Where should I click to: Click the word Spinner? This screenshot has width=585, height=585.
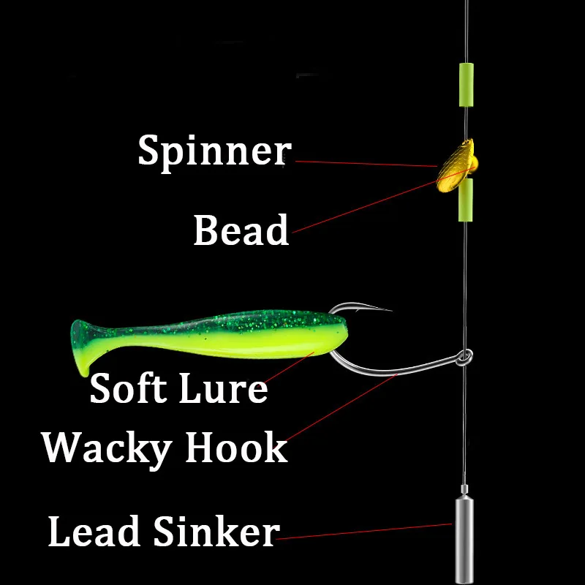coord(214,151)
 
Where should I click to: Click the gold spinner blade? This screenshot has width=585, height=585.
coord(453,167)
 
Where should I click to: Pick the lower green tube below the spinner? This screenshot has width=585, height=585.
coord(465,200)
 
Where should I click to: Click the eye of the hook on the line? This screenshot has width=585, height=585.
coord(464,357)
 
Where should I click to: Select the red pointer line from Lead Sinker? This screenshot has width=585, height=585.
coord(366,531)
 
